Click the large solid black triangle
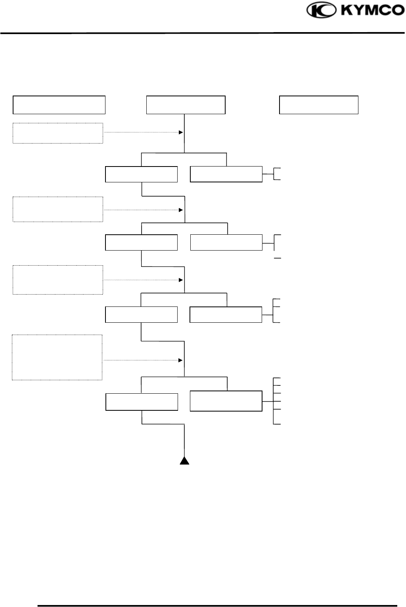(x=184, y=460)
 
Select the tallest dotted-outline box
(x=57, y=357)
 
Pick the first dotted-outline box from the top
(x=58, y=133)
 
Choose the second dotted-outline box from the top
(x=58, y=209)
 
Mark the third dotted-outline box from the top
(x=58, y=280)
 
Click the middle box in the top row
(x=186, y=105)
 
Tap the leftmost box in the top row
(x=59, y=105)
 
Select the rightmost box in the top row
(x=319, y=105)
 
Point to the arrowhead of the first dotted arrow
(x=181, y=132)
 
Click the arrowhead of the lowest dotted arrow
(x=180, y=360)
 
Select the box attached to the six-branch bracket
(x=226, y=401)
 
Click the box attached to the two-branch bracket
(x=226, y=174)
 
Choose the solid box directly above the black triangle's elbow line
(x=142, y=402)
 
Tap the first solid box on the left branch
(x=141, y=174)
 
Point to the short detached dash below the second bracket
(x=278, y=258)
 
